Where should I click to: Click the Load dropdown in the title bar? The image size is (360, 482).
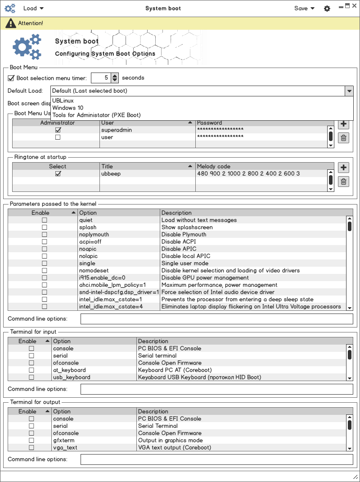pos(33,8)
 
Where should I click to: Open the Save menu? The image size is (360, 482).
pos(304,8)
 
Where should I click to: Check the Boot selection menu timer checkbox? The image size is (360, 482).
pos(11,78)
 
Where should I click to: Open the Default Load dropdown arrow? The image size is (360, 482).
pos(349,91)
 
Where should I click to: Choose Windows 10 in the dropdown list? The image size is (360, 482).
pos(67,108)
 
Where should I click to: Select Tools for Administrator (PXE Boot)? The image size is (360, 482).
pos(96,115)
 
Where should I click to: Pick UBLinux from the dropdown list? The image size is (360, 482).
pos(63,101)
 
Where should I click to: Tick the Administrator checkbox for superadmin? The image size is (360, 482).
pos(58,130)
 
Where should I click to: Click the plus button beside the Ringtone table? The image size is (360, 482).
pos(343,168)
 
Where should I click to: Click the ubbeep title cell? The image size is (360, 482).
pos(111,173)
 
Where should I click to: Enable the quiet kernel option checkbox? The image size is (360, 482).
pos(44,220)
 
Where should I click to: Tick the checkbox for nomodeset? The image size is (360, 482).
pos(44,271)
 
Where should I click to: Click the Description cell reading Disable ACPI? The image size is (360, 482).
pos(179,242)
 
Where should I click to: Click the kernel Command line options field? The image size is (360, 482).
pos(216,319)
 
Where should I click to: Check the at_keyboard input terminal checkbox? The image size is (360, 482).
pos(31,370)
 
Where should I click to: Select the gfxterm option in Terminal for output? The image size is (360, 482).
pos(63,441)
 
